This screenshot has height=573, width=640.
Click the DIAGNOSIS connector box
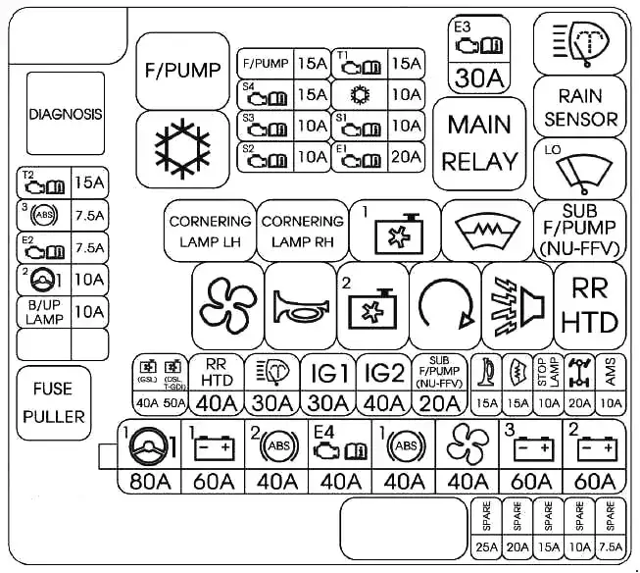tap(65, 114)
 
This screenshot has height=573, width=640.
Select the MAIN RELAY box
tap(480, 143)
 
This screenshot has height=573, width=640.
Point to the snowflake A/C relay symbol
tap(183, 147)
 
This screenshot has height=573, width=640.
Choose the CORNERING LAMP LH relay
tap(211, 231)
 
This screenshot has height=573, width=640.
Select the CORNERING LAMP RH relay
tap(302, 231)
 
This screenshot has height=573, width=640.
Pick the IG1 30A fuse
tap(329, 385)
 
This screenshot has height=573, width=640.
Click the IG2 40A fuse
tap(384, 385)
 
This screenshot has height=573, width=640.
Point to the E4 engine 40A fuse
tap(341, 457)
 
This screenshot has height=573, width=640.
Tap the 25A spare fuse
tap(484, 529)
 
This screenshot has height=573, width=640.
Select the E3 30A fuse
tap(480, 53)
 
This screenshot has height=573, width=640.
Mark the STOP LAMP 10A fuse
tap(549, 385)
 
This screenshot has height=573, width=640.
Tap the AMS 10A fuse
tap(610, 385)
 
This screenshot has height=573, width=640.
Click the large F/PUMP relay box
tap(183, 70)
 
